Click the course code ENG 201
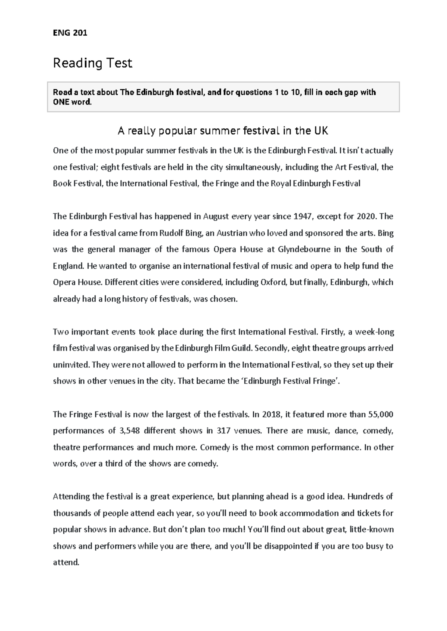70,33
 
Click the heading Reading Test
92,63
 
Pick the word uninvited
71,365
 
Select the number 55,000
380,414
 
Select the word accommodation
309,513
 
